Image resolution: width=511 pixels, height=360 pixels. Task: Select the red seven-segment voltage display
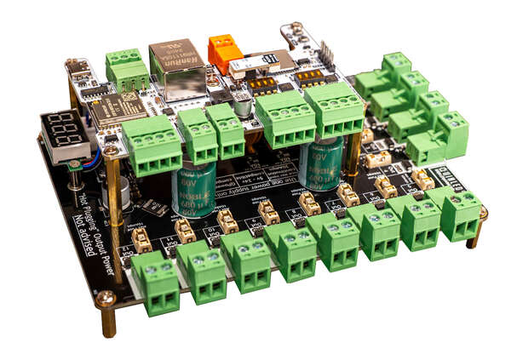pyautogui.click(x=65, y=133)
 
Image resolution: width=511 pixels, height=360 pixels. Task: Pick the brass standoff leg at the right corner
pyautogui.click(x=474, y=237)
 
